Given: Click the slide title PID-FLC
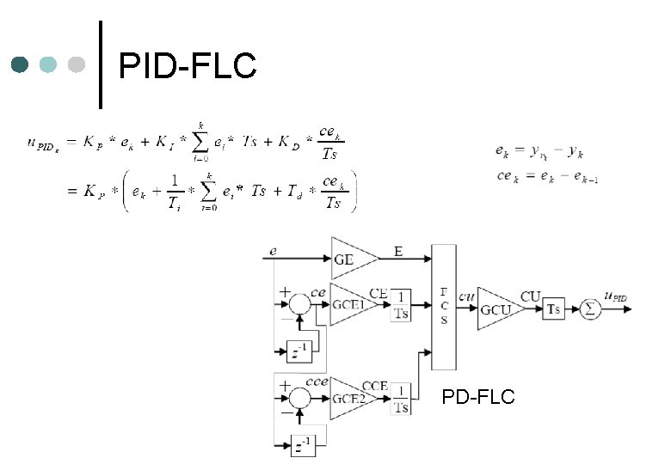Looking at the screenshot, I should point(188,65).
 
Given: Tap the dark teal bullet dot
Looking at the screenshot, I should point(21,64).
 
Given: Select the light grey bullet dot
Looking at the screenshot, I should point(76,64).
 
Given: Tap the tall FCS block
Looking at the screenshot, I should point(444,306).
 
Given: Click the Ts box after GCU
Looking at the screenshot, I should point(554,307).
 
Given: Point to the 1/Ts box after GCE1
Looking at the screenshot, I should point(401,306).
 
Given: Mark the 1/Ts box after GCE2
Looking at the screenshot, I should point(401,399).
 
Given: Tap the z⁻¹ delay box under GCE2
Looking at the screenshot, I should point(299,445).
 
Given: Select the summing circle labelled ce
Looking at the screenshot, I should point(299,305).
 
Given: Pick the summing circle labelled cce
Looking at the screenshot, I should point(299,397).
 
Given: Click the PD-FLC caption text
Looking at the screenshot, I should point(478,396).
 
